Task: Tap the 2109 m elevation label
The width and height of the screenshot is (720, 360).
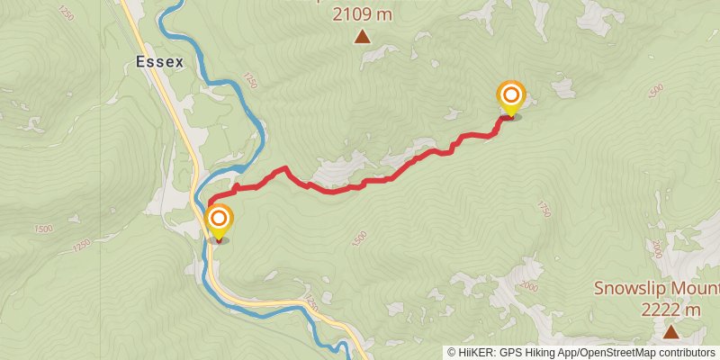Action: (363, 14)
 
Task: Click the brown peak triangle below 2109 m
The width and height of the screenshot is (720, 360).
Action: (362, 37)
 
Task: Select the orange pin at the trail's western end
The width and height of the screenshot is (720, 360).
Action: (218, 220)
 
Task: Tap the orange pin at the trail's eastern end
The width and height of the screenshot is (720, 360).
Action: (511, 94)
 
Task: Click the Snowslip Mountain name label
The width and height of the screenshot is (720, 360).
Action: (656, 290)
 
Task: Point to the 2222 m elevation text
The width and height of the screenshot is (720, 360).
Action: (670, 310)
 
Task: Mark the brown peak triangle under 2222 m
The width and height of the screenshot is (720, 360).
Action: (670, 332)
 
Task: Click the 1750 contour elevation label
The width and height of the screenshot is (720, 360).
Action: (543, 209)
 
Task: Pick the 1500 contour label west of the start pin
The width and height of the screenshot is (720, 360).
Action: (42, 229)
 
